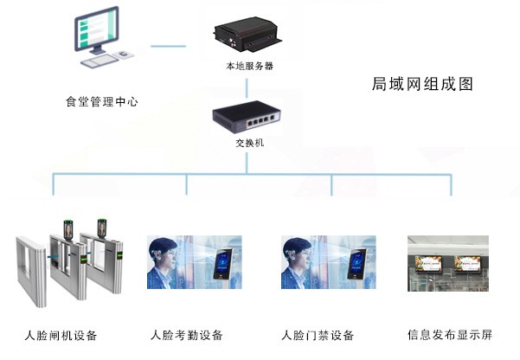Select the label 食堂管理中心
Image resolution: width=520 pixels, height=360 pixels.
pyautogui.click(x=102, y=101)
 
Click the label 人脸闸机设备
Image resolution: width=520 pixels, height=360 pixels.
pyautogui.click(x=61, y=335)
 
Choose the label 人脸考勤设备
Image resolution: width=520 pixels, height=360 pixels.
pyautogui.click(x=187, y=335)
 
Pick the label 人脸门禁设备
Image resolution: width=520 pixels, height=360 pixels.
pyautogui.click(x=318, y=335)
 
